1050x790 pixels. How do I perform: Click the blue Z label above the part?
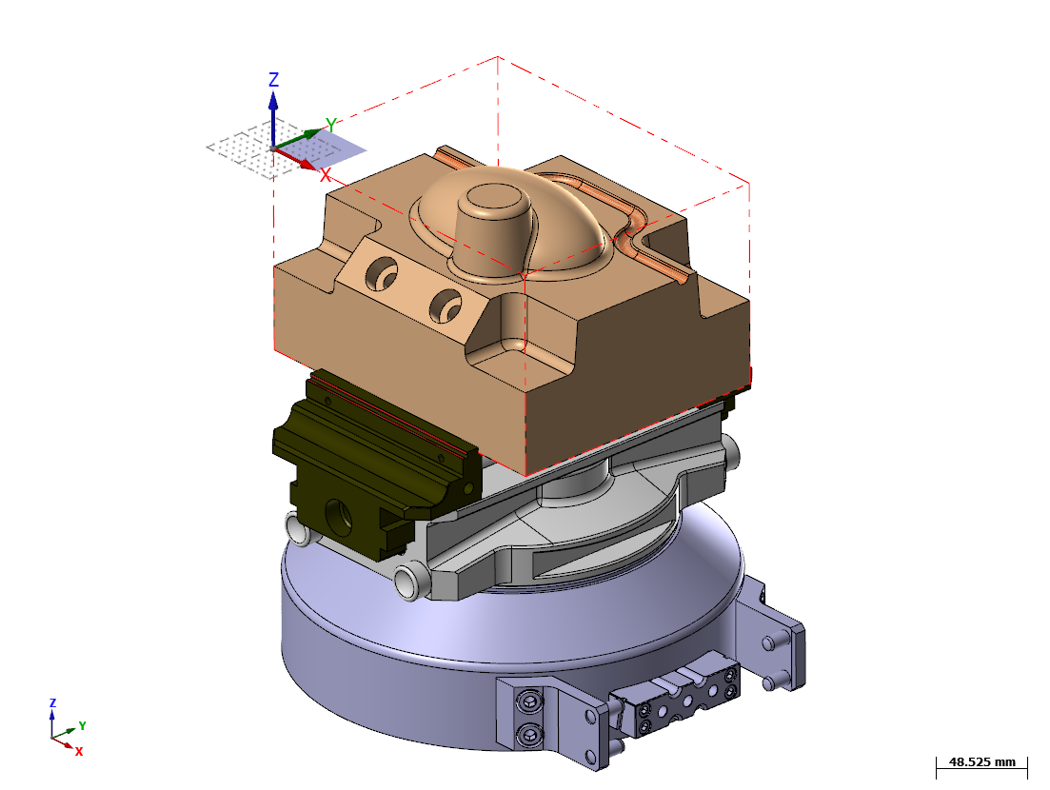[x=273, y=80]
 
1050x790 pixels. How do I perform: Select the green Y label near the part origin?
[x=331, y=125]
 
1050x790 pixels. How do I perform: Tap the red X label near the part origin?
[x=326, y=175]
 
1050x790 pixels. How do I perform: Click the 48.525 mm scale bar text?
[x=982, y=761]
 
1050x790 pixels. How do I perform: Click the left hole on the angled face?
[x=381, y=273]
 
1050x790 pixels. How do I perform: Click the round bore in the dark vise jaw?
[x=338, y=517]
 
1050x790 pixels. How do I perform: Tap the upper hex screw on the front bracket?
[x=528, y=702]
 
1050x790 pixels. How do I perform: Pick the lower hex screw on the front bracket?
[x=528, y=735]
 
